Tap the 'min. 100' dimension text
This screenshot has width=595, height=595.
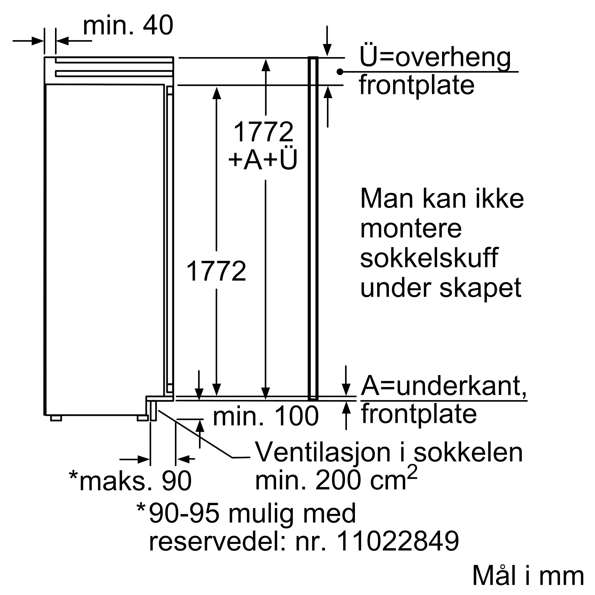click(x=265, y=416)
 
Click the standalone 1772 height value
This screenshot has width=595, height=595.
click(x=216, y=271)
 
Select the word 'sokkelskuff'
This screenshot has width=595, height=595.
click(x=429, y=258)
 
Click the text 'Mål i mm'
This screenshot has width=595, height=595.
click(x=528, y=576)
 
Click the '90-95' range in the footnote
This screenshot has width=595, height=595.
click(x=184, y=513)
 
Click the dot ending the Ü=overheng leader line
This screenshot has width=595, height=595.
click(x=340, y=72)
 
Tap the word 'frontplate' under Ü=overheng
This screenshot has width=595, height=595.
click(x=417, y=85)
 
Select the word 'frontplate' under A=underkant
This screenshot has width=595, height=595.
click(x=419, y=414)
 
